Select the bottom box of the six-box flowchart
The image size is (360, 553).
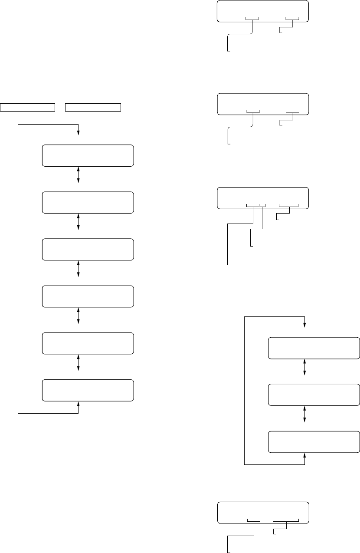tap(88, 390)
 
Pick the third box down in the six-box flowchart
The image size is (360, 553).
tap(88, 250)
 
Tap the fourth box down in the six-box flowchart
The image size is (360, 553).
tap(88, 296)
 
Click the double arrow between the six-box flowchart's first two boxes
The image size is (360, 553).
tap(79, 174)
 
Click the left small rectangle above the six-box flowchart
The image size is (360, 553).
tap(28, 107)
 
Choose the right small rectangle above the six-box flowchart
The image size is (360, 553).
tap(93, 107)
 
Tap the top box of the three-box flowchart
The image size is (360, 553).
tap(314, 348)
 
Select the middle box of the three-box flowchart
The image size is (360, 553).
tap(314, 395)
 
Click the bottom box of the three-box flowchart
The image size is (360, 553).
tap(314, 441)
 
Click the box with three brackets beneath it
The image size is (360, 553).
tap(263, 198)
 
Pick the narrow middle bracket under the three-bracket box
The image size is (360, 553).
tap(262, 206)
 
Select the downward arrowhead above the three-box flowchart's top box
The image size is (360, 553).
tap(305, 326)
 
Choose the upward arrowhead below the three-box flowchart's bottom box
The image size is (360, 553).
tap(305, 455)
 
